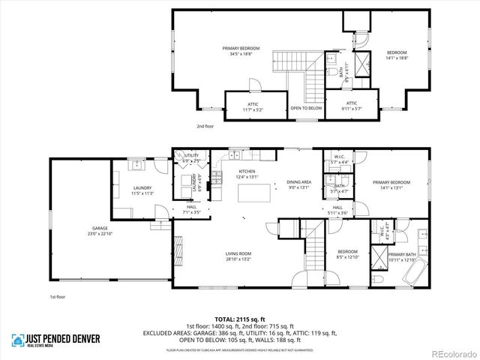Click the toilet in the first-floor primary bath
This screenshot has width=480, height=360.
tap(379, 278)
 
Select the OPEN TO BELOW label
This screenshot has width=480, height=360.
tap(306, 108)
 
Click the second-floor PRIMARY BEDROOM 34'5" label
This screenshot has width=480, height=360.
tap(237, 50)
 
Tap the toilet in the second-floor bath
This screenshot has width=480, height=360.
tap(331, 72)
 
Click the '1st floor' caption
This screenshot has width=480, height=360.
tap(58, 298)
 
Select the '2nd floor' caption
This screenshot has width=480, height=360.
tap(205, 127)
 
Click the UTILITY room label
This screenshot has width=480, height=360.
tap(191, 155)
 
